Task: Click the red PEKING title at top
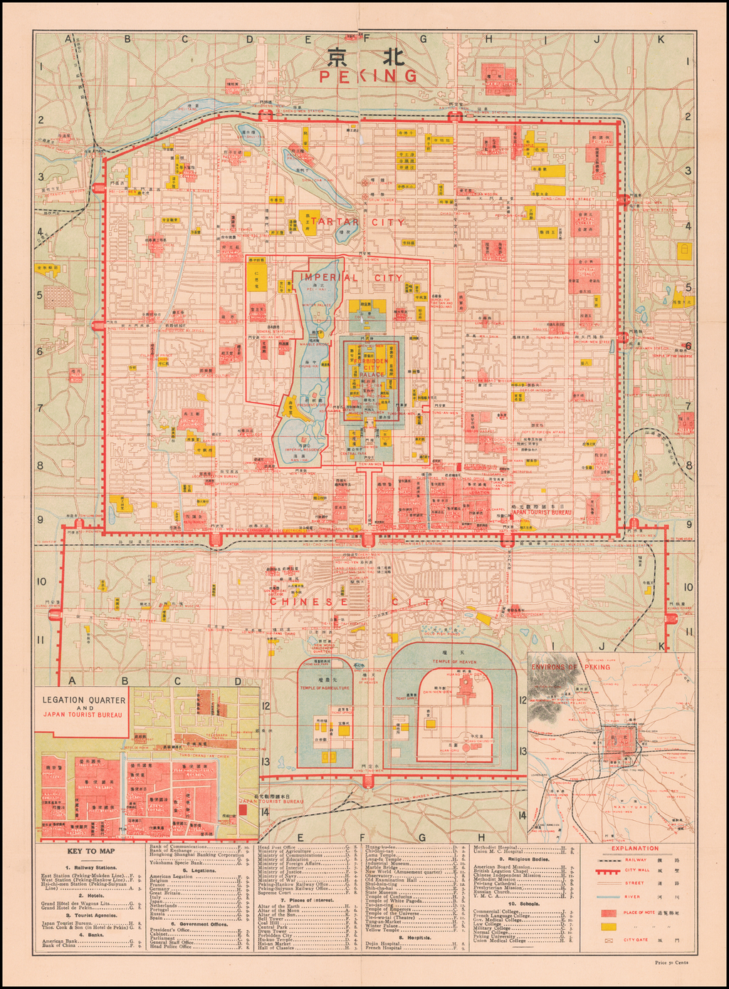tap(368, 76)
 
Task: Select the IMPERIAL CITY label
tap(351, 277)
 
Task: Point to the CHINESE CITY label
tap(358, 602)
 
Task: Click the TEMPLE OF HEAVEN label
tap(453, 662)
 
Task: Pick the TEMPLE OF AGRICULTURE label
tap(325, 688)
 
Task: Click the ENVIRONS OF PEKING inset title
tap(571, 667)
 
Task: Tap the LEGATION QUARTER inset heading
tap(82, 700)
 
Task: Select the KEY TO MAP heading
tap(91, 851)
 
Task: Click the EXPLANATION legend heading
tap(634, 848)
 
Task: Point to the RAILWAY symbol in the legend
tap(609, 860)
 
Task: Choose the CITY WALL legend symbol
tap(609, 870)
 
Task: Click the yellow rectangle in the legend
tap(609, 926)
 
